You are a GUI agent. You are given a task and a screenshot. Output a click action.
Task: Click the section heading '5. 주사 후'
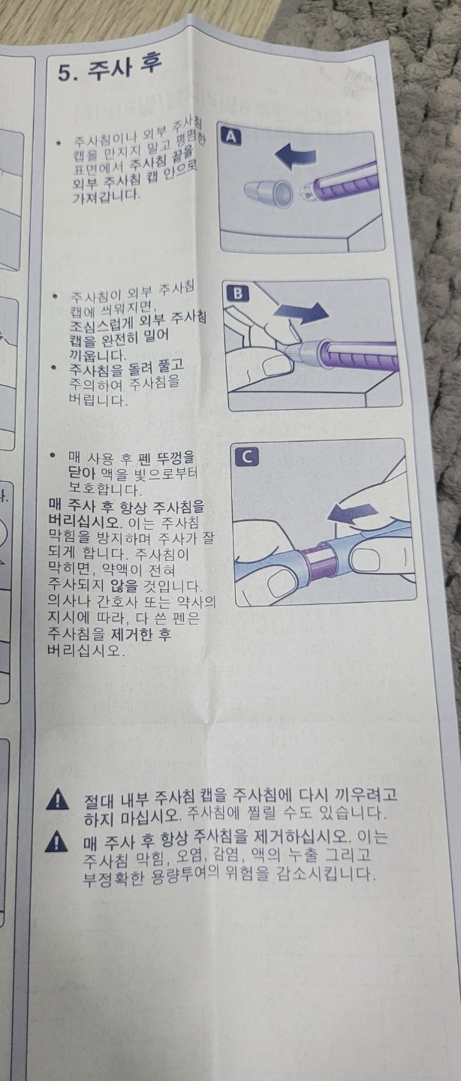(x=110, y=71)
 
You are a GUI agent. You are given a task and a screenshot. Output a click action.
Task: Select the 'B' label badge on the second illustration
(x=237, y=294)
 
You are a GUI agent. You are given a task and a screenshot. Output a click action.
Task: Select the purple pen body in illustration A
(x=345, y=178)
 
